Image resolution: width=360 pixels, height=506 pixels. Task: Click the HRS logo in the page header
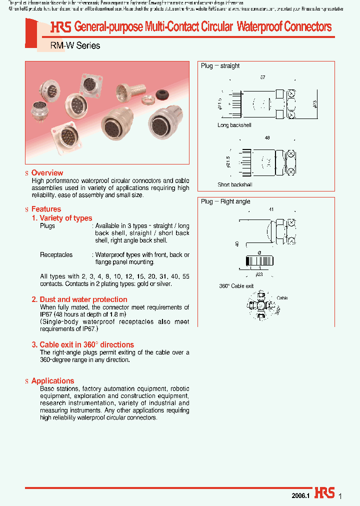click(60, 27)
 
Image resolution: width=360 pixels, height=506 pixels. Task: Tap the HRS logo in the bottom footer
click(324, 493)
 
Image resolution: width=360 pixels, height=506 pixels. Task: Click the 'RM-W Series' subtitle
click(75, 45)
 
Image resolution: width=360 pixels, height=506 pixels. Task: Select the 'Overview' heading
click(47, 172)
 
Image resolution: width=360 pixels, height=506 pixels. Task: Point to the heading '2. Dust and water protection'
click(79, 299)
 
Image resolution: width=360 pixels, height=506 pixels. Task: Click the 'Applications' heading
click(52, 380)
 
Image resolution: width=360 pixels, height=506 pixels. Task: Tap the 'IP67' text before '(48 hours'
click(46, 314)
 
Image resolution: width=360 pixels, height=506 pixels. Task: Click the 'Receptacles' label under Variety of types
click(56, 254)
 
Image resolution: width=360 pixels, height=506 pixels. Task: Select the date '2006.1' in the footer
click(301, 495)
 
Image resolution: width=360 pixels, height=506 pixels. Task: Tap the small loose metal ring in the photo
click(147, 101)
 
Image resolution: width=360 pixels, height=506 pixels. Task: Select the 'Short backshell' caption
click(235, 184)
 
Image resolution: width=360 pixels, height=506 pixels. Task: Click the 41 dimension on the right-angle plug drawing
click(271, 209)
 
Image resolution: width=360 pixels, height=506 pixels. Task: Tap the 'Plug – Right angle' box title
click(225, 201)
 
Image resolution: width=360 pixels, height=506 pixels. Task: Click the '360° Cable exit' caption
click(236, 286)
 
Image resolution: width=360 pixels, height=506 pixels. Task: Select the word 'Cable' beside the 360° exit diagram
click(282, 298)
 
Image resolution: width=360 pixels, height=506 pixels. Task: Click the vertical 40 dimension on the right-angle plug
click(237, 244)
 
